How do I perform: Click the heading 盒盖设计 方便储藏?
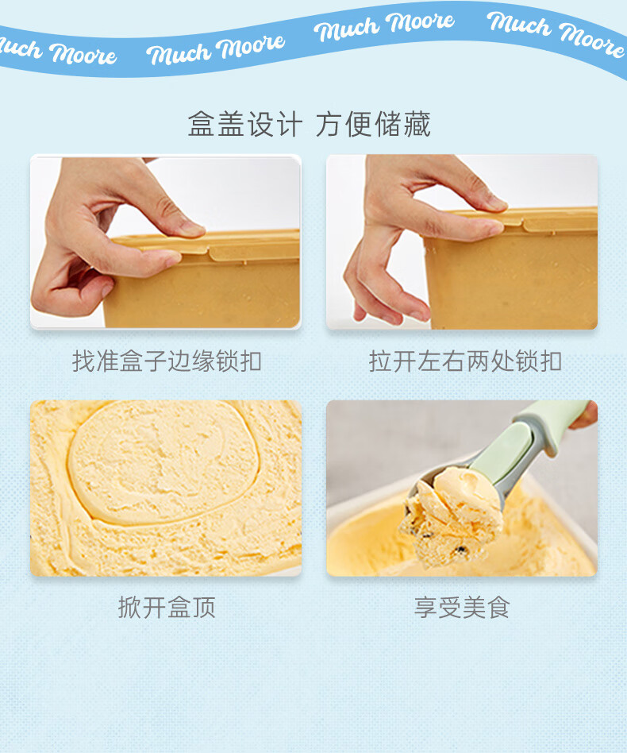pos(309,124)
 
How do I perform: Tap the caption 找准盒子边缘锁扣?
pos(167,361)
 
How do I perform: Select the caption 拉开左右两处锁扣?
pos(465,361)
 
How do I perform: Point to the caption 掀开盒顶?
pos(167,607)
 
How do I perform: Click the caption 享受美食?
pos(461,607)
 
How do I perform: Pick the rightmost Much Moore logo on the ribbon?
pos(556,33)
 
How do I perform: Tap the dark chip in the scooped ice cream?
pos(460,550)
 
